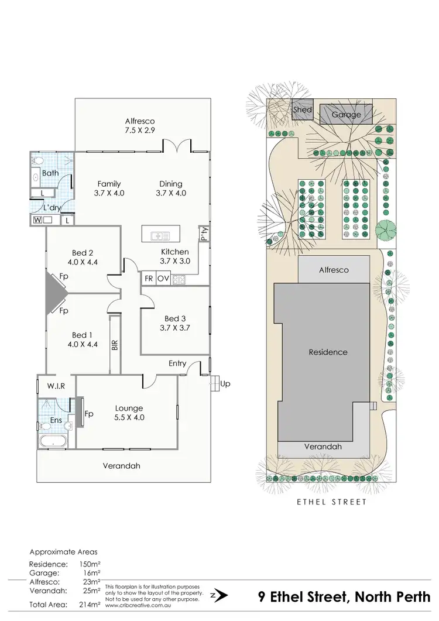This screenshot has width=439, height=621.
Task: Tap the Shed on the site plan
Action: click(303, 109)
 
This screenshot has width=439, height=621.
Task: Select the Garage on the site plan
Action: click(347, 115)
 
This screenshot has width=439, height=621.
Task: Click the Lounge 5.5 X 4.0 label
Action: click(129, 413)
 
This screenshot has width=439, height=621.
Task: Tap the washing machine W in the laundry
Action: click(38, 220)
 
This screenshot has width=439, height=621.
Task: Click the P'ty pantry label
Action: click(204, 234)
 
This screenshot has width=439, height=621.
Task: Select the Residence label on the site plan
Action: click(328, 352)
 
